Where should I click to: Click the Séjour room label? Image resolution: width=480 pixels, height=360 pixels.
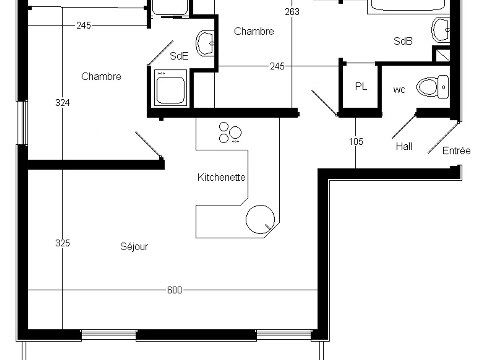pos(134,246)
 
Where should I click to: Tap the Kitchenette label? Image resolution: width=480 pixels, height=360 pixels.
pos(221,177)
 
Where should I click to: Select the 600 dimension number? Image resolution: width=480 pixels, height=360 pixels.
pos(174,290)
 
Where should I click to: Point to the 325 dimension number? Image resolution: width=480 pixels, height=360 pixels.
pos(62,243)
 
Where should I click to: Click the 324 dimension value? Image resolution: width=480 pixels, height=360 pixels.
pos(62,103)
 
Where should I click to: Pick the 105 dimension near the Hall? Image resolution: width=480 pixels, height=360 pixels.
pos(356,141)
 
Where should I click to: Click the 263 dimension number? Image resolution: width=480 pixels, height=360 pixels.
pos(292,12)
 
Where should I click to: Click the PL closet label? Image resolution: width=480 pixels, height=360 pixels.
pos(361,86)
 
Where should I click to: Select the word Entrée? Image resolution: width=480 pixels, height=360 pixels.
pos(456,151)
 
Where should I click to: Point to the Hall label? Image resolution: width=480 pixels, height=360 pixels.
pos(404,146)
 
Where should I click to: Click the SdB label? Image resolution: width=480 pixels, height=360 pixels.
pos(403,41)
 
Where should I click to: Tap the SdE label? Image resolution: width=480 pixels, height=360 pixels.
pos(179,56)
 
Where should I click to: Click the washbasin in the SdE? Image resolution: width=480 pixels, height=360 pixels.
pos(205,43)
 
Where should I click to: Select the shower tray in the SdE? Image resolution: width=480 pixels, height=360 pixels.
pos(171,88)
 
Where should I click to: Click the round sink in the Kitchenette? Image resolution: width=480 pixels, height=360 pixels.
pos(260,219)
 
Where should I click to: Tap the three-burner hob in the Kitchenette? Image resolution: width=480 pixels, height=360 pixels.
pos(230,133)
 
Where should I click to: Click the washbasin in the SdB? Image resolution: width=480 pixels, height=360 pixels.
pos(442,30)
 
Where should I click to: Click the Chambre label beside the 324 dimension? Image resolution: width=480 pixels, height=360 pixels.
pos(101,76)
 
